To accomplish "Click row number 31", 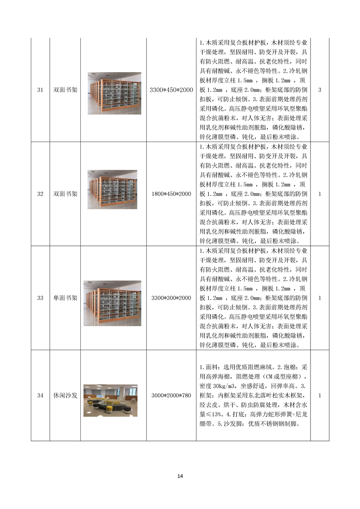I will pyautogui.click(x=40, y=90).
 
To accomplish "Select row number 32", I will pyautogui.click(x=40, y=194).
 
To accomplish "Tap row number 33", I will pyautogui.click(x=40, y=298).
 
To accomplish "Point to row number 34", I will pyautogui.click(x=40, y=396).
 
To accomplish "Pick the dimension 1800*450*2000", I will pyautogui.click(x=171, y=194).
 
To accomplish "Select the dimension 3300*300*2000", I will pyautogui.click(x=171, y=298).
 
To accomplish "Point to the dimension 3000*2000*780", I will pyautogui.click(x=171, y=396).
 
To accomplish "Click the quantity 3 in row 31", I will pyautogui.click(x=320, y=90).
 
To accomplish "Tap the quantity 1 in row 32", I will pyautogui.click(x=320, y=194).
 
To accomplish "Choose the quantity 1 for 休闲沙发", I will pyautogui.click(x=320, y=396).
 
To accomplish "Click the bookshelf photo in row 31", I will pyautogui.click(x=114, y=93).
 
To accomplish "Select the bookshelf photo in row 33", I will pyautogui.click(x=112, y=303).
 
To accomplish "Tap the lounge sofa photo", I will pyautogui.click(x=112, y=400).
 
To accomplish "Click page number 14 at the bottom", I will pyautogui.click(x=180, y=476).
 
